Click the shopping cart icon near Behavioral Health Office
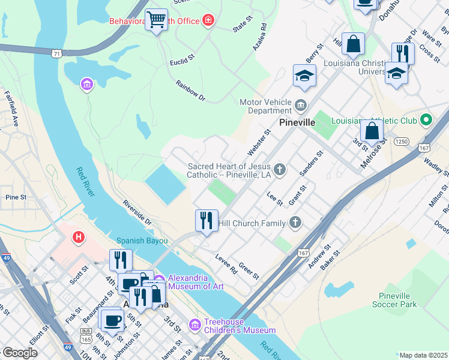157,19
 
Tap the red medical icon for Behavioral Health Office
208,21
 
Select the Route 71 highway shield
56,53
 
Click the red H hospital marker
78,238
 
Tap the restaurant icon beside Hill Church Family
206,221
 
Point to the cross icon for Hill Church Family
294,223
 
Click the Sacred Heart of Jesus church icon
279,170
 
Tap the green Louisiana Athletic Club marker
426,120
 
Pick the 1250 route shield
402,142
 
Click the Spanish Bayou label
142,240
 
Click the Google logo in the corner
20,353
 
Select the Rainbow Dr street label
190,90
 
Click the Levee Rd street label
226,264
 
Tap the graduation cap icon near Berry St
304,76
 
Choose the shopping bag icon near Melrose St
372,130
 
